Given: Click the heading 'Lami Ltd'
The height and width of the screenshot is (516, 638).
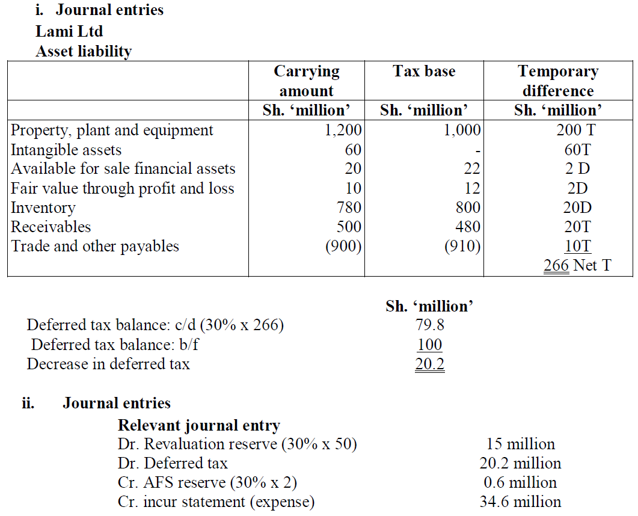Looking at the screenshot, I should (69, 31).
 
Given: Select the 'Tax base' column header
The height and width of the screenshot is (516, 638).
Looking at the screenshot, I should (424, 72).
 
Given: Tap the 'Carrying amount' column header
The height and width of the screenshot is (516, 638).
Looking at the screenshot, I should (307, 81).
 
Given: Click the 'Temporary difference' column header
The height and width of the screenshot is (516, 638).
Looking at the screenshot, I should (558, 81).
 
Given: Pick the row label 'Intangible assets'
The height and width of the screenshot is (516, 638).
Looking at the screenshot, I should (66, 150).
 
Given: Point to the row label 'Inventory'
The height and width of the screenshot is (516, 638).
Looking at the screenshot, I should (43, 207).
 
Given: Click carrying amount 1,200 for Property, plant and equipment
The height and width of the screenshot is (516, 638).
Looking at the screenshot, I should (343, 131).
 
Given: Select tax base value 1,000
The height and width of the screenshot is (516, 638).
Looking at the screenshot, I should (462, 131).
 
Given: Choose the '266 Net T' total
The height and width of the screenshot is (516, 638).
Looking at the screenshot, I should (577, 265).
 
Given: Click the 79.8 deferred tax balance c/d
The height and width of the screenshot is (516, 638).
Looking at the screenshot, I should (430, 325).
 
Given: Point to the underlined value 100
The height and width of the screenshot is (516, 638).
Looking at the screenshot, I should (429, 345).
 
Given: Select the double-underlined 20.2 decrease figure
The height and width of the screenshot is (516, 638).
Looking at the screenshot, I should (429, 364).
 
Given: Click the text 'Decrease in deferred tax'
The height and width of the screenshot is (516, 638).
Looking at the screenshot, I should (108, 364).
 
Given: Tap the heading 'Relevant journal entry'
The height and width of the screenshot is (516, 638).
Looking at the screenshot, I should (199, 426).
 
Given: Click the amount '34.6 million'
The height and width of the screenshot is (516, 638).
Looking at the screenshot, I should (520, 502).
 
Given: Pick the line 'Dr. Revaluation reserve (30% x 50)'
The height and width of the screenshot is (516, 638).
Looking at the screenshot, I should (238, 444).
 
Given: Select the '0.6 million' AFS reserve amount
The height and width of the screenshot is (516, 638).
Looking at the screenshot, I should (520, 482).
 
